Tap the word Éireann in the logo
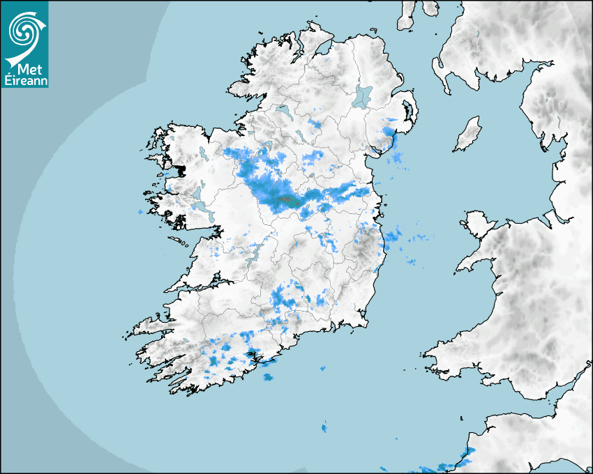click(24, 82)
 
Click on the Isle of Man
click(468, 135)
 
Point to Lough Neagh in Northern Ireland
click(363, 95)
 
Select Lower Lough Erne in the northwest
click(283, 110)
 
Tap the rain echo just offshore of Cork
click(268, 377)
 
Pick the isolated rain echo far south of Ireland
click(324, 426)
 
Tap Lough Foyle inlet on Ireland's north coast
click(322, 49)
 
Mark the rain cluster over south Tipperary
click(284, 298)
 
